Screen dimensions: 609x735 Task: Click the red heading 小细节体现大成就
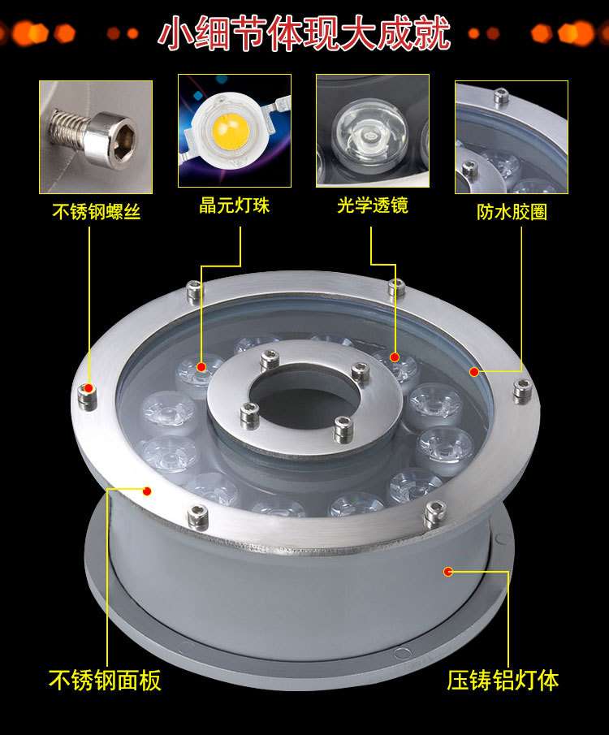(x=304, y=33)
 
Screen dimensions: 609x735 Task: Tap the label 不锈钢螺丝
(x=96, y=211)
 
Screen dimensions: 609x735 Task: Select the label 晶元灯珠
(x=235, y=205)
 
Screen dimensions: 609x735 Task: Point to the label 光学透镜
(x=373, y=205)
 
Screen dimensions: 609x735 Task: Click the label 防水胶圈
(x=512, y=211)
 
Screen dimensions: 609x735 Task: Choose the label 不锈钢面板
(x=105, y=680)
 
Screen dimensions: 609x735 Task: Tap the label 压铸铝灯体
(x=503, y=680)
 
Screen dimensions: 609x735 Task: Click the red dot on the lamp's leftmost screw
(x=89, y=388)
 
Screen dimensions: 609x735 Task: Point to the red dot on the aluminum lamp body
(x=448, y=572)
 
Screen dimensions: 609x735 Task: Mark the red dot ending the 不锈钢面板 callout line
(x=147, y=491)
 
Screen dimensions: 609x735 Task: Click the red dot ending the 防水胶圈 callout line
(x=474, y=372)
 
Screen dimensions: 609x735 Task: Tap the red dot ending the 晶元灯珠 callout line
(x=201, y=366)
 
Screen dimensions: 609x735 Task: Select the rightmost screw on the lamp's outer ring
(x=522, y=391)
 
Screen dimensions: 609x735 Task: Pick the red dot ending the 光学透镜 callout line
(x=395, y=357)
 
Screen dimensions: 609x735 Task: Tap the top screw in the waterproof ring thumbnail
(x=502, y=96)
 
